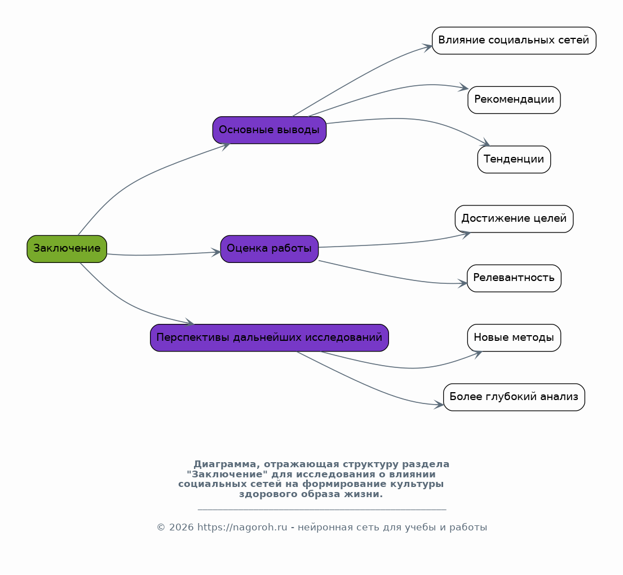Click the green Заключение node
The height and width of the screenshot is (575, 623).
coord(67,249)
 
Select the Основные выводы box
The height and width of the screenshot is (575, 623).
coord(269,130)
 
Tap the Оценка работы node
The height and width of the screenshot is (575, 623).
coord(269,249)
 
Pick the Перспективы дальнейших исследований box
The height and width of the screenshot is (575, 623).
coord(269,337)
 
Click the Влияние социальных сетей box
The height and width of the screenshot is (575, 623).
coord(514,41)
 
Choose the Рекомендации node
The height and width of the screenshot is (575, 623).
coord(514,100)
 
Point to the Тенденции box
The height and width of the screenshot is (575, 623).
coord(514,160)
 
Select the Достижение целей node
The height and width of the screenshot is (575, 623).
coord(514,219)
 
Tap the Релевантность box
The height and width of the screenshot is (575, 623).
coord(514,278)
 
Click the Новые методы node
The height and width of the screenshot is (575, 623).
coord(514,337)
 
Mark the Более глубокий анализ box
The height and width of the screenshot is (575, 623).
coord(514,397)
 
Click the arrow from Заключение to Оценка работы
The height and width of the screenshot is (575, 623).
coord(164,254)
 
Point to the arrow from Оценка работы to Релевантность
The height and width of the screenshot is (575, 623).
coord(394,276)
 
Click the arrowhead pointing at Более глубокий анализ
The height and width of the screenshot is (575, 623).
coord(439,405)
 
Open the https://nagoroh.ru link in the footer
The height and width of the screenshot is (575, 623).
coord(242,527)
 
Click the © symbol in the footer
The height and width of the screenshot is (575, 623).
coord(161,528)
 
